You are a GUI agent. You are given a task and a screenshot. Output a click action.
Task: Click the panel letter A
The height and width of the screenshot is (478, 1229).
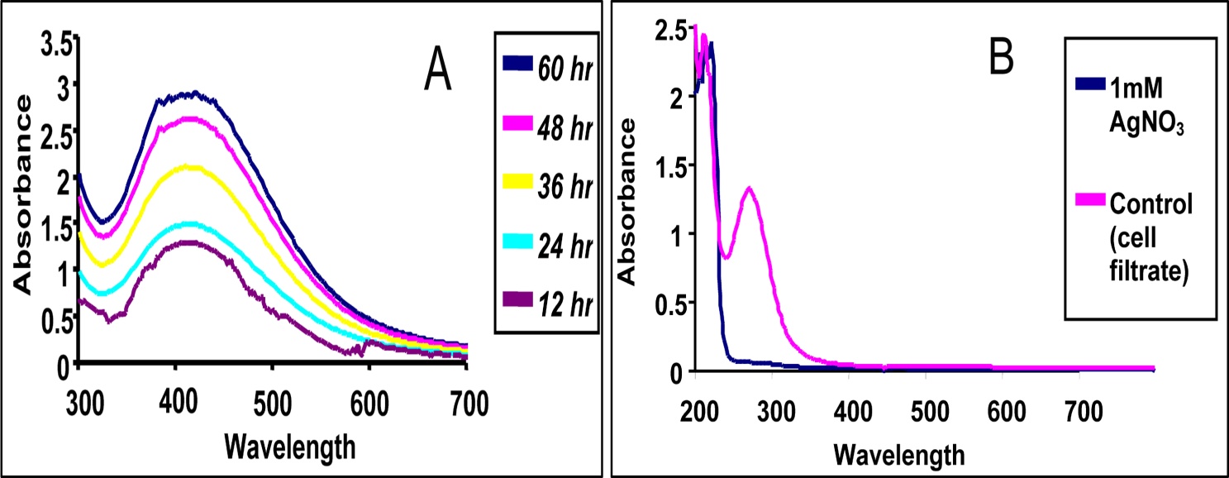pyautogui.click(x=437, y=72)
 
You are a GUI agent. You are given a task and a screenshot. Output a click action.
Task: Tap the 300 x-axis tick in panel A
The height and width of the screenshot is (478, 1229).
pyautogui.click(x=79, y=404)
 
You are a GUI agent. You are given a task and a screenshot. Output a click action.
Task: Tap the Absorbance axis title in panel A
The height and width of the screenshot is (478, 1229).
pyautogui.click(x=24, y=195)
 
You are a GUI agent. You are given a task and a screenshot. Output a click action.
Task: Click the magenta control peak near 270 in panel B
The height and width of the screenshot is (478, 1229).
pyautogui.click(x=749, y=188)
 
